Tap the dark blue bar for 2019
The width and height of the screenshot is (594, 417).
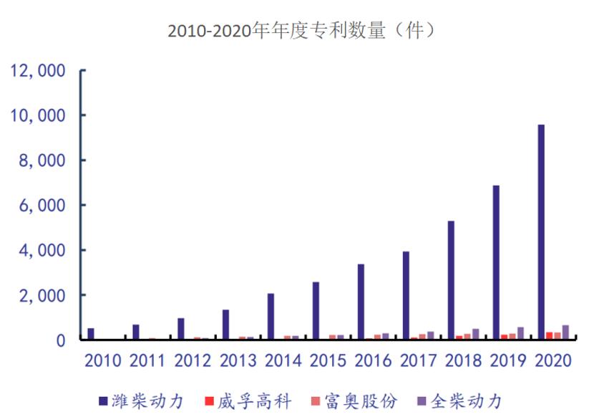(x=496, y=262)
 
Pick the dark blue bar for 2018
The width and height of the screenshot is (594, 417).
(x=451, y=280)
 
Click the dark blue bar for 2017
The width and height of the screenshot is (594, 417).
(x=406, y=295)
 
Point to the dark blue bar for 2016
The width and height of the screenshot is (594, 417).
(x=361, y=302)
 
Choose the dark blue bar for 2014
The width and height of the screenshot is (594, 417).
(x=271, y=316)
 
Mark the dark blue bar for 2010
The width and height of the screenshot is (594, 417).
(x=91, y=334)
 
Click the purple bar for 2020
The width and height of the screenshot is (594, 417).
(x=566, y=332)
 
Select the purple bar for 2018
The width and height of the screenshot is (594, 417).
(x=476, y=334)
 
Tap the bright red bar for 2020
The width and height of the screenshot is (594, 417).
(x=549, y=335)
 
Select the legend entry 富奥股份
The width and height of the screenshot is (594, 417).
(x=354, y=400)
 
